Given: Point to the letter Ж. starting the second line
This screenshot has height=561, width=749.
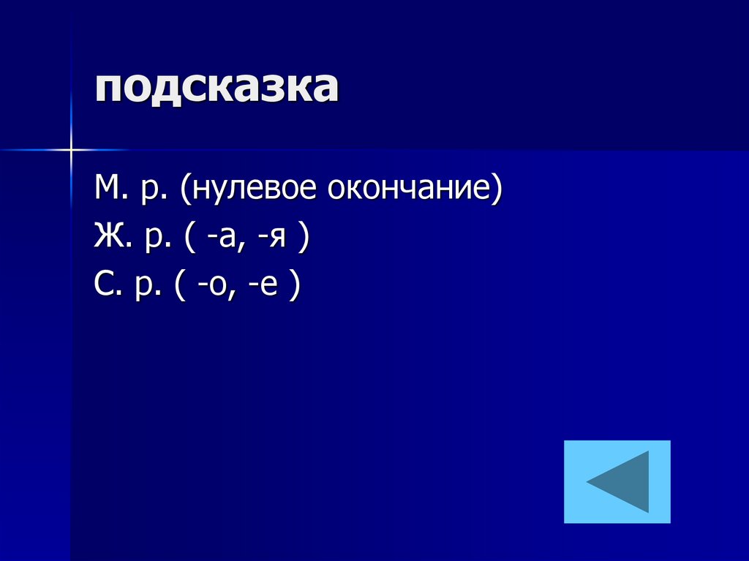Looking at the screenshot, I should (109, 238).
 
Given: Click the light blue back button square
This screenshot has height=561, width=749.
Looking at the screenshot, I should (617, 481).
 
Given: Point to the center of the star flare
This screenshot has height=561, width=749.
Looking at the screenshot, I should (72, 149).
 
